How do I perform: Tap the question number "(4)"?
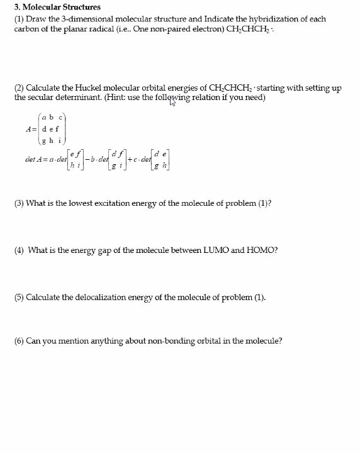click(19, 250)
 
